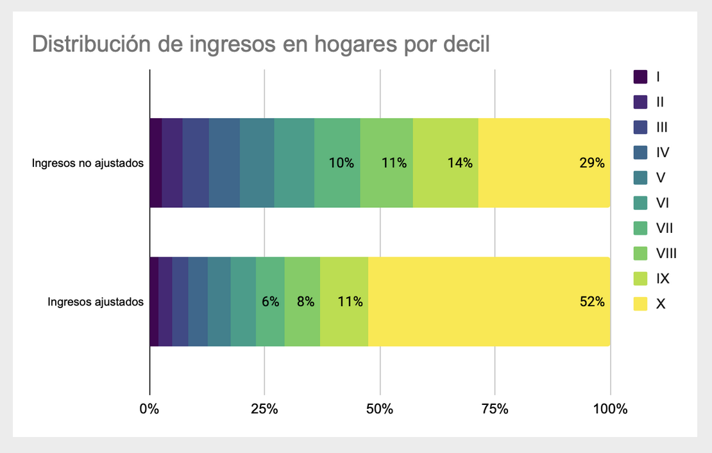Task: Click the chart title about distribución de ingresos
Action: tap(260, 44)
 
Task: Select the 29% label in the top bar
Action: tap(591, 163)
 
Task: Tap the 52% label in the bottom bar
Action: tap(591, 302)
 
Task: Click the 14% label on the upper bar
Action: tap(459, 163)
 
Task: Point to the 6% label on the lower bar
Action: tap(270, 302)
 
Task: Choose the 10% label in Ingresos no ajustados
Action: tap(341, 163)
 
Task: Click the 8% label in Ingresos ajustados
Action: tap(305, 302)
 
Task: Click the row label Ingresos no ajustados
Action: tap(87, 163)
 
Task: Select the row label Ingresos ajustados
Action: tap(96, 302)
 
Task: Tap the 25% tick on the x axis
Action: tap(264, 409)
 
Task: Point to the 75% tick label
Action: tap(495, 409)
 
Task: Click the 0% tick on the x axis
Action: tap(149, 409)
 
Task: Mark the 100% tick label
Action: tap(610, 409)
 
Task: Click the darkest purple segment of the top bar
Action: tap(155, 163)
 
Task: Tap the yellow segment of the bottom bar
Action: tap(489, 302)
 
